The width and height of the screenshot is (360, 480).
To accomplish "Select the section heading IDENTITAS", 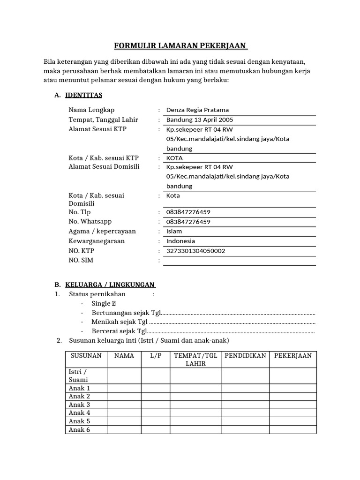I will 83,95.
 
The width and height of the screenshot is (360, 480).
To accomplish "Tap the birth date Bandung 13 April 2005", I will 200,120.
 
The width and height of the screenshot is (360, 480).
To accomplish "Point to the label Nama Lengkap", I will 91,110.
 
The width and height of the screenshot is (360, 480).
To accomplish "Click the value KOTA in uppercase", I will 174,158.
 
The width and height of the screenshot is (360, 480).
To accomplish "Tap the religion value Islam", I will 174,231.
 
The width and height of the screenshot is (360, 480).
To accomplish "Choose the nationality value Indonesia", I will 180,241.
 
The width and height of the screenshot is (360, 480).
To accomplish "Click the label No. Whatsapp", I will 90,221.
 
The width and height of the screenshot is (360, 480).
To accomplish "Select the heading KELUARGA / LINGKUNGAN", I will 110,285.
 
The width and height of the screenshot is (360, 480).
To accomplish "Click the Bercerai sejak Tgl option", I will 120,331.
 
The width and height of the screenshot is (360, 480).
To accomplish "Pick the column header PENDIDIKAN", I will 245,356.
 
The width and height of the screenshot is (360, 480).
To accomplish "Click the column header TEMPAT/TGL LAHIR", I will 195,360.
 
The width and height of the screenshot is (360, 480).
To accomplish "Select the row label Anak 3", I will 79,405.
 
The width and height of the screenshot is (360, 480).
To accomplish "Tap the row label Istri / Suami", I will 78,375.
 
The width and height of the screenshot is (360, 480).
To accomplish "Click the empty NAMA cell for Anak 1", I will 124,388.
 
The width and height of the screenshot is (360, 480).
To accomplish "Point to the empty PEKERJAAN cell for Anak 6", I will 292,429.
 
